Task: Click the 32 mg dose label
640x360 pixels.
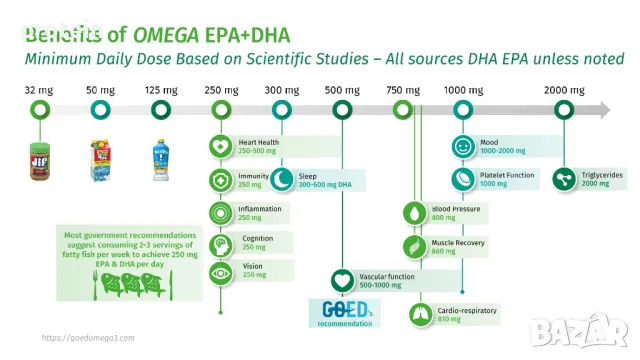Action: pos(37,91)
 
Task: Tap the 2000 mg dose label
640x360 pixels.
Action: pos(562,91)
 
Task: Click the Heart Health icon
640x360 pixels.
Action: pos(219,146)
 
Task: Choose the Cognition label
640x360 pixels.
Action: pos(257,240)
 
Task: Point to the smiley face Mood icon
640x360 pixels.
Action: pos(462,146)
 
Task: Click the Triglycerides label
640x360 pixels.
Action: pos(603,173)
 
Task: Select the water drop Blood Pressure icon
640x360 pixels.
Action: pos(413,212)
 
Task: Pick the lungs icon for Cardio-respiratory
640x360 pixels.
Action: pos(420,314)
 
